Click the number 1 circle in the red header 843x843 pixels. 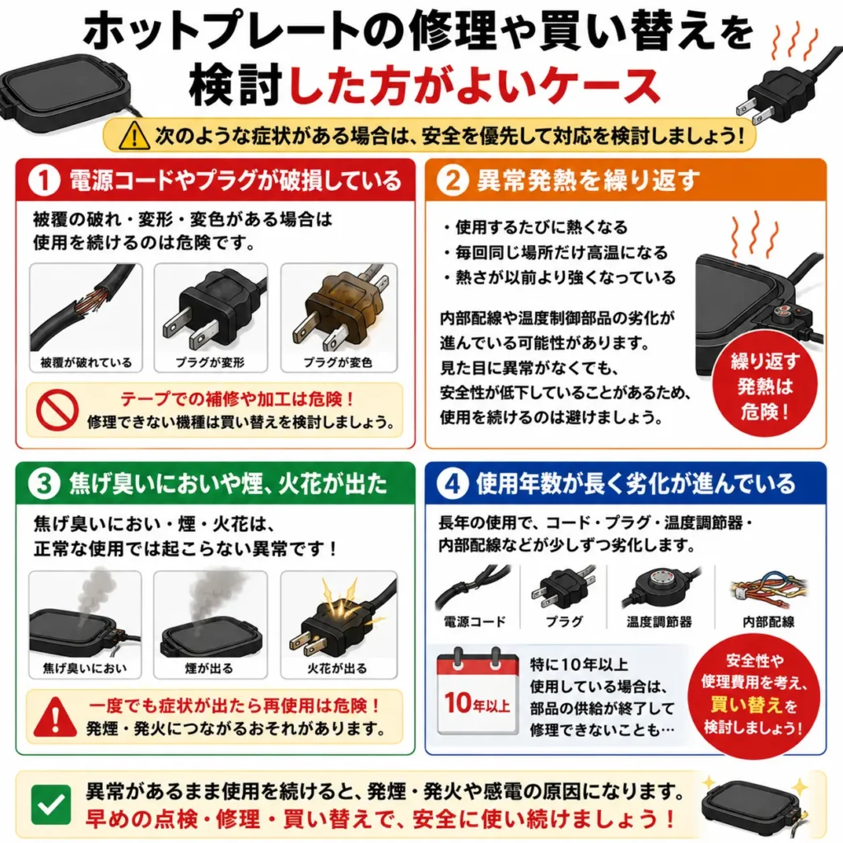point(44,180)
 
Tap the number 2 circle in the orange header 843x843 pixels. point(453,180)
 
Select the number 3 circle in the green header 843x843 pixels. point(44,484)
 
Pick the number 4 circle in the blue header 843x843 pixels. point(453,484)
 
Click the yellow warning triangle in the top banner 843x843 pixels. point(134,135)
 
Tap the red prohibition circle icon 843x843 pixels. point(57,410)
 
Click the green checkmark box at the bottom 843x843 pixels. point(51,805)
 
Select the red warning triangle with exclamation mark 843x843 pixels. point(55,717)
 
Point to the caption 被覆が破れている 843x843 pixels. point(86,363)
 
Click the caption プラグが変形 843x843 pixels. point(210,363)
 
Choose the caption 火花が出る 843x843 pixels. point(337,668)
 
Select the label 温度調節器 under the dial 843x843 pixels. point(659,622)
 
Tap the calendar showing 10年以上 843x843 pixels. point(477,692)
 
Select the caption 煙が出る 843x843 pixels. point(209,668)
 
